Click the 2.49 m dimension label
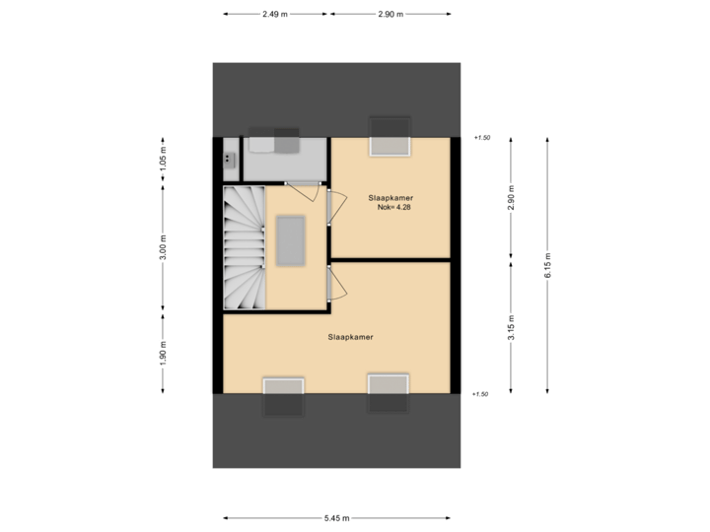[x=275, y=14]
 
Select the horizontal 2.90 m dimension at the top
[x=390, y=14]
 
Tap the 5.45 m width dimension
[x=337, y=517]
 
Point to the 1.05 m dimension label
[x=164, y=159]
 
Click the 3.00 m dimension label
[x=164, y=247]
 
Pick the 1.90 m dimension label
[x=164, y=352]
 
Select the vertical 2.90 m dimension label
[x=510, y=198]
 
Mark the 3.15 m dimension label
[x=510, y=327]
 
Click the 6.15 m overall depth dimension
[x=547, y=265]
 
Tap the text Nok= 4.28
[x=392, y=207]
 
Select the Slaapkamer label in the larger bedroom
[x=350, y=336]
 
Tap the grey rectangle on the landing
[x=291, y=240]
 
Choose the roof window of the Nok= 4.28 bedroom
[x=389, y=136]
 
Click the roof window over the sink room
[x=273, y=141]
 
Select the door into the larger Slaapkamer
[x=335, y=283]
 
